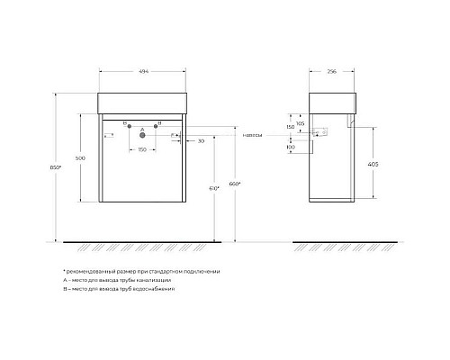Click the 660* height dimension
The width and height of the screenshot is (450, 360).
coord(236,188)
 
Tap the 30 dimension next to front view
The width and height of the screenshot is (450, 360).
coord(201,140)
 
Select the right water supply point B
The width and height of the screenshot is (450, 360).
coord(157,126)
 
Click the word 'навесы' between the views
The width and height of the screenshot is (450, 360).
coord(253,136)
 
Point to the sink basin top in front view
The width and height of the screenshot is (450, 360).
coord(144,101)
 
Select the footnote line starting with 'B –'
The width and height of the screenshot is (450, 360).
coord(118,291)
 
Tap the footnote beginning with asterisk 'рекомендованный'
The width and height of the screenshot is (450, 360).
coord(140,271)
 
